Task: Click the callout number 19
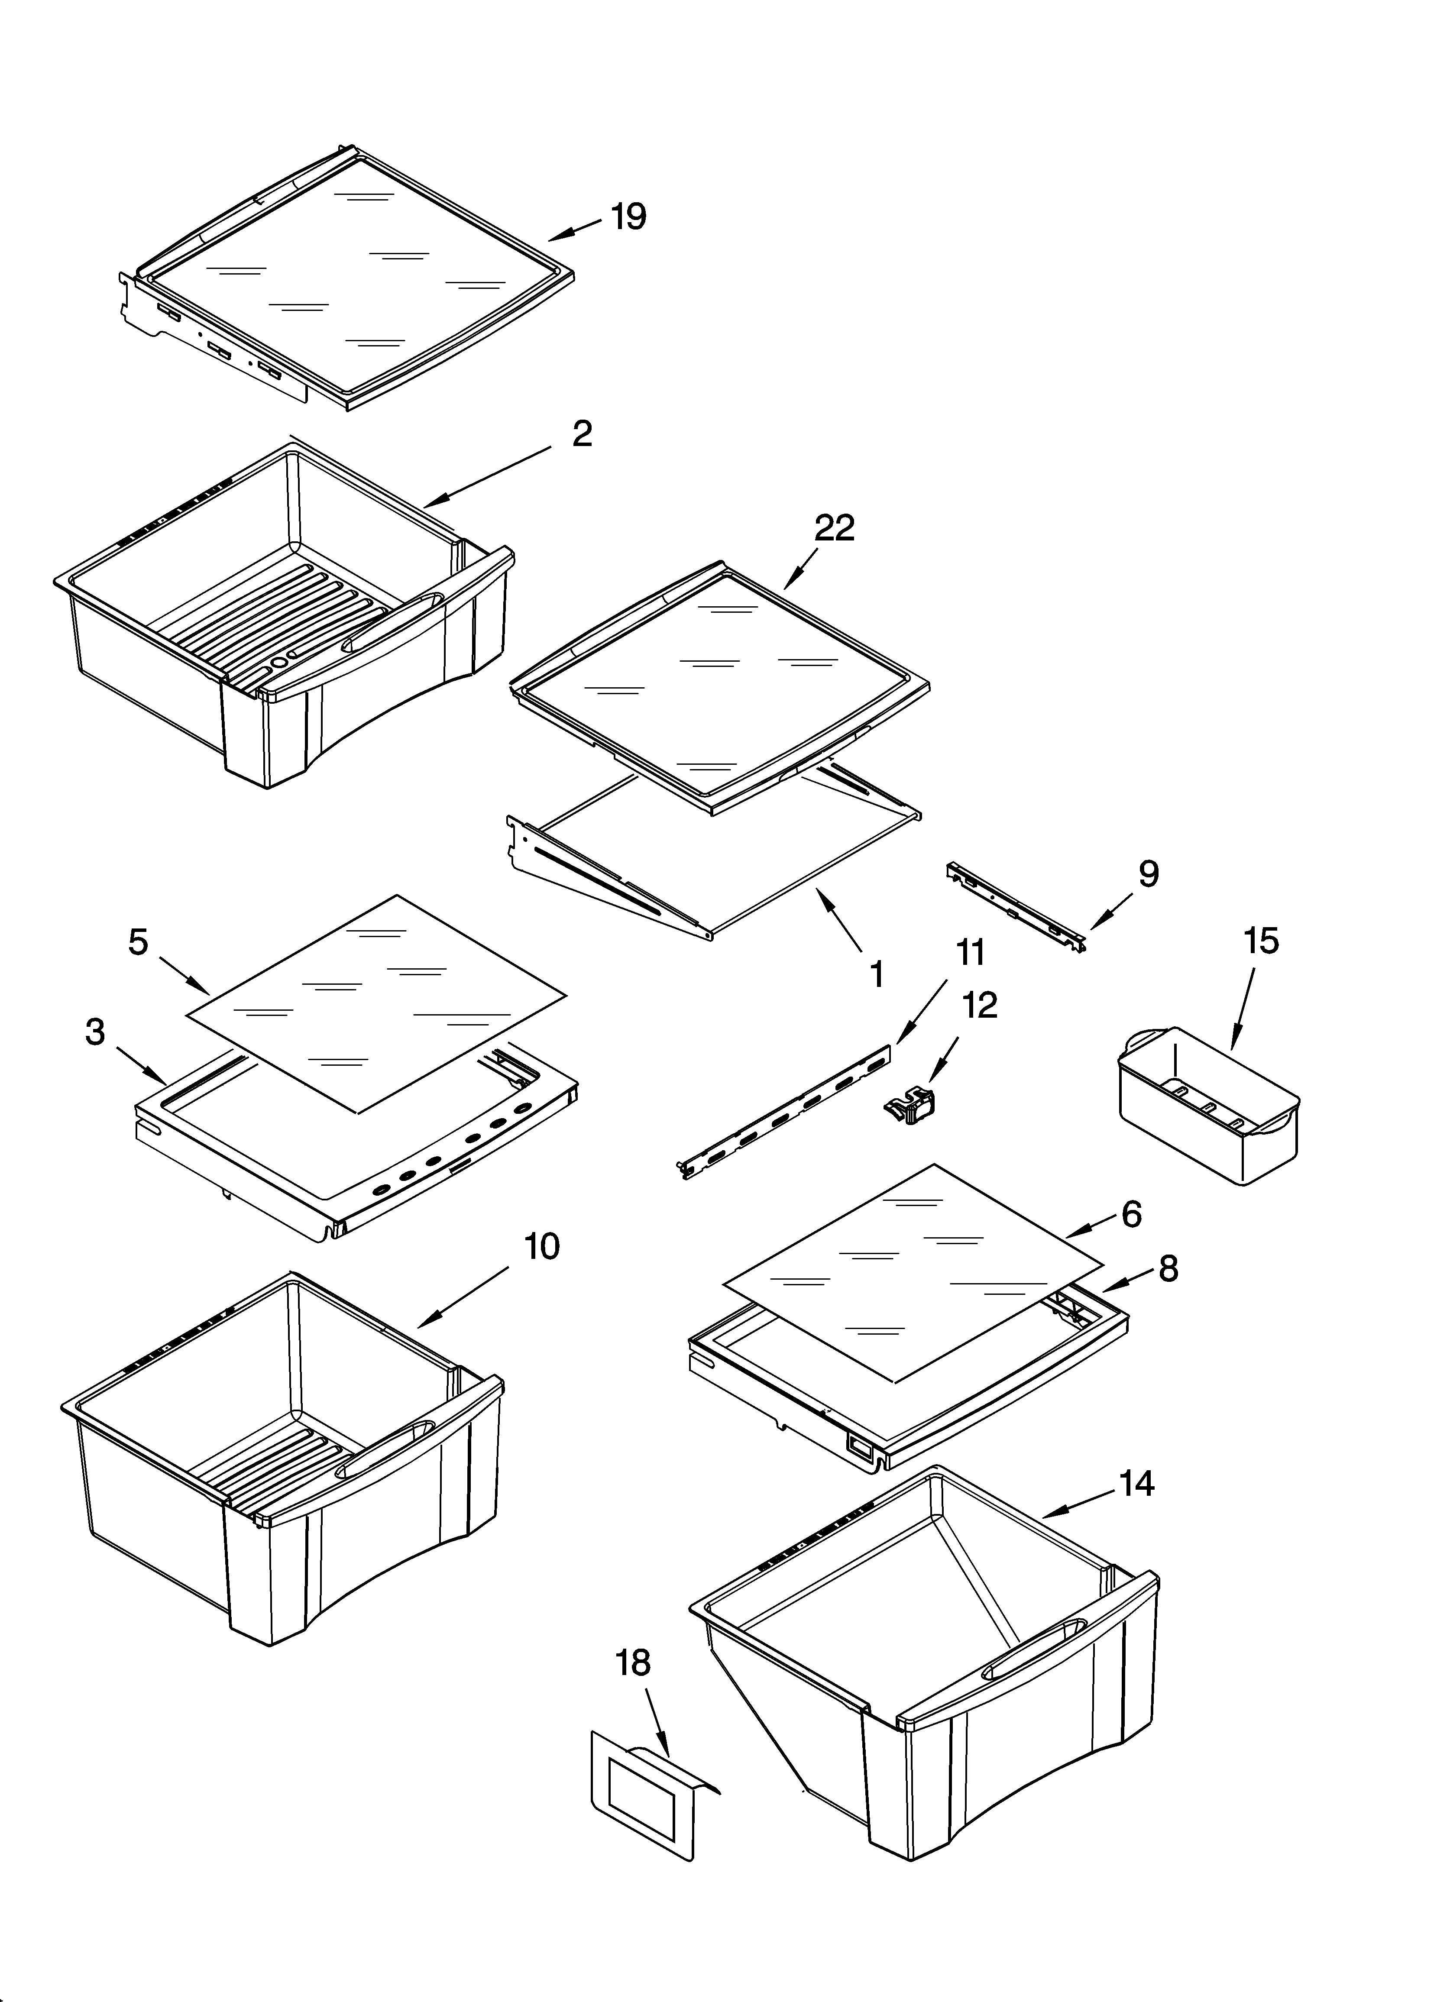(629, 216)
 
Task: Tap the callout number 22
(835, 528)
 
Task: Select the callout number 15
(1261, 941)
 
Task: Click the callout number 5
(139, 942)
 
